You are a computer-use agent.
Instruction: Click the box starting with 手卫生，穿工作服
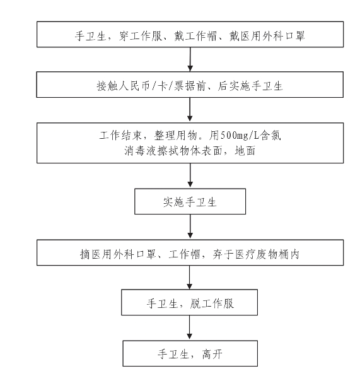tap(190, 34)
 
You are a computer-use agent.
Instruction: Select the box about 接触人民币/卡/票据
tap(190, 85)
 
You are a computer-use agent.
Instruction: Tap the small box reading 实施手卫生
tap(190, 201)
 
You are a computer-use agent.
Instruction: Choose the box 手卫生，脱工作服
tap(189, 302)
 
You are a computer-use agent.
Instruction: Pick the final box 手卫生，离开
tap(190, 353)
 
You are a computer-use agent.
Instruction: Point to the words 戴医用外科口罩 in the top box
tap(267, 36)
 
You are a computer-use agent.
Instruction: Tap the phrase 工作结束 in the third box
tap(120, 136)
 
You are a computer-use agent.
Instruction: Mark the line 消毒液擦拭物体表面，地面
tap(190, 151)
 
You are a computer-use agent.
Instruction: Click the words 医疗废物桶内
tap(267, 254)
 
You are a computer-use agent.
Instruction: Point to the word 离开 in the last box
tap(212, 355)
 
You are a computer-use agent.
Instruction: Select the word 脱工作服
tap(212, 303)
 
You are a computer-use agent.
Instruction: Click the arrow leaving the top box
tap(190, 59)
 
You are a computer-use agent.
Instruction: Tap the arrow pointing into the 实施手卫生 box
tap(190, 176)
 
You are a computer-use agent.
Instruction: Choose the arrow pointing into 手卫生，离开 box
tap(190, 327)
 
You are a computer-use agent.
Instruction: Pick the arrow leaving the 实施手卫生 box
tap(190, 227)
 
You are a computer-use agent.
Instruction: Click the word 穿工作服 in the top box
tap(141, 36)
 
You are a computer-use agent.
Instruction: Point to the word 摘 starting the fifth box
tap(85, 254)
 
